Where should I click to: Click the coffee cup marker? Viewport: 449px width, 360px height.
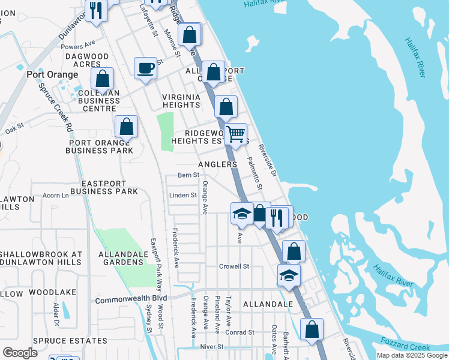(x=145, y=68)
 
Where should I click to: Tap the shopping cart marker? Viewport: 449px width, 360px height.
(x=236, y=134)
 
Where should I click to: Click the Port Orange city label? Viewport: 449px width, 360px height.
(x=52, y=74)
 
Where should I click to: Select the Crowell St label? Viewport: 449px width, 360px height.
(x=234, y=266)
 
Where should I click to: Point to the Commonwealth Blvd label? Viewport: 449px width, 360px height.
(x=130, y=298)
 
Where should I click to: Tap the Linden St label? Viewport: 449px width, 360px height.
(x=183, y=195)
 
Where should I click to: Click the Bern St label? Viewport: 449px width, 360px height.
(x=188, y=175)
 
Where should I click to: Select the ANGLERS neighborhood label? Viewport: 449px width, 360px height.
(x=217, y=164)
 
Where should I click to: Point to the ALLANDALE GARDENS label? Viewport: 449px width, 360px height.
(x=123, y=259)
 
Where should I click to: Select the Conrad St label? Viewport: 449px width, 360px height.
(x=240, y=332)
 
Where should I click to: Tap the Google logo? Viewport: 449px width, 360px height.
(x=20, y=353)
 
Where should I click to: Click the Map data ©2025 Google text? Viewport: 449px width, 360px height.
(x=412, y=356)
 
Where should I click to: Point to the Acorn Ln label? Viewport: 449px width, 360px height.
(x=56, y=195)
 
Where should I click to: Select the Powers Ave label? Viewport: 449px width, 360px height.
(x=78, y=46)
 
